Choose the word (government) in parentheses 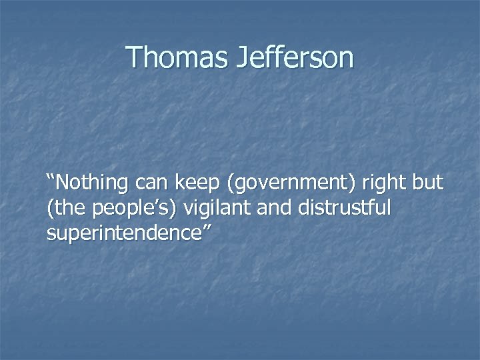285,181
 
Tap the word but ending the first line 427,181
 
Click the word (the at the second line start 64,208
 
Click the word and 278,208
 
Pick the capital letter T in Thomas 133,57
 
